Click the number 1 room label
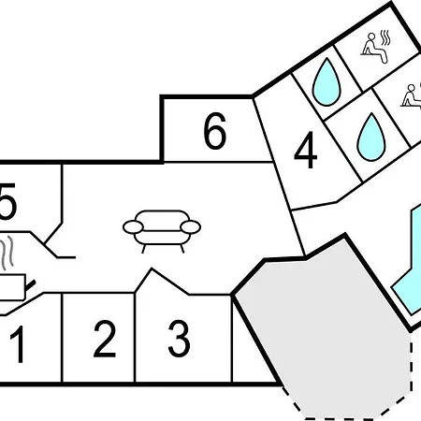click(18, 344)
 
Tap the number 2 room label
click(105, 339)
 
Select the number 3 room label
click(179, 339)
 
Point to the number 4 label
click(306, 150)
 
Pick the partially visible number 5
click(7, 201)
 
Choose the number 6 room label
click(215, 130)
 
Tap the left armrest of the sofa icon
click(133, 227)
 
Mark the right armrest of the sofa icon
click(191, 227)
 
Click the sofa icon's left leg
click(144, 249)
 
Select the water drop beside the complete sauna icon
click(327, 81)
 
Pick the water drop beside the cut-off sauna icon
click(371, 137)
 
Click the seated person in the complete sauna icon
click(373, 49)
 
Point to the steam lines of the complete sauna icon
click(385, 37)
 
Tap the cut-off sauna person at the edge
click(411, 96)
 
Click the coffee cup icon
click(15, 287)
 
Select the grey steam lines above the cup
click(7, 253)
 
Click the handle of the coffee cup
click(30, 284)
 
